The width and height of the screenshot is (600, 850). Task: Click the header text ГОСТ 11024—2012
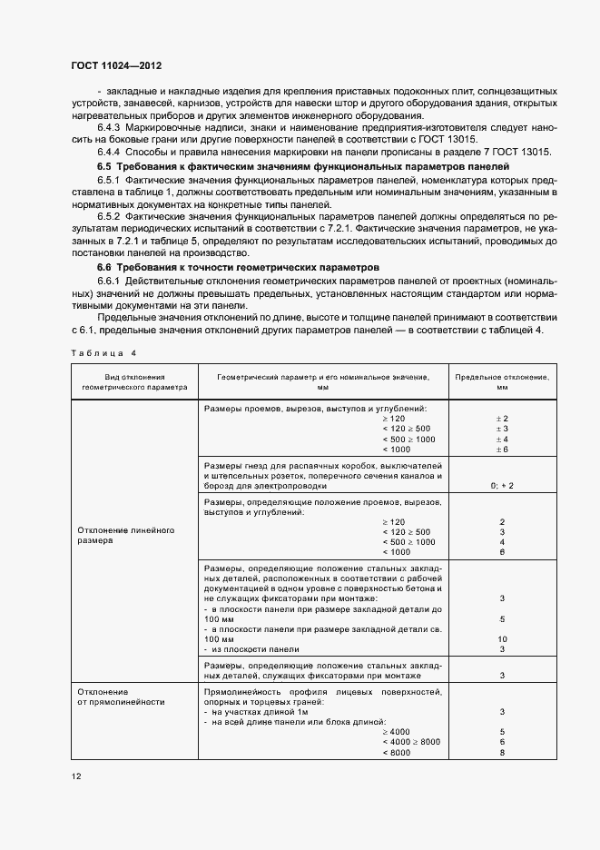click(x=116, y=65)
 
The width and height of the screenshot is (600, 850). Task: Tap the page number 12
click(x=76, y=776)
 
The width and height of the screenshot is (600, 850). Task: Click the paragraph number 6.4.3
click(x=112, y=128)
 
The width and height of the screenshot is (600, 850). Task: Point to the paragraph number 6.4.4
click(x=112, y=153)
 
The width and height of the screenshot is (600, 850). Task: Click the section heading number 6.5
click(x=104, y=167)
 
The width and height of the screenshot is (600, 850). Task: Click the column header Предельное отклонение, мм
click(x=501, y=381)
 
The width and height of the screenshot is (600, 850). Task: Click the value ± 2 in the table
click(x=501, y=418)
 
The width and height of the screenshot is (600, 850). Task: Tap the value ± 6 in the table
click(x=501, y=450)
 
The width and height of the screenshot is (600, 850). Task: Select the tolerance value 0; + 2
click(x=501, y=486)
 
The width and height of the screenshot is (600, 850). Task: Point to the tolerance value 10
click(x=501, y=639)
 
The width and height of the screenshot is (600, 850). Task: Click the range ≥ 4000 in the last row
click(x=397, y=731)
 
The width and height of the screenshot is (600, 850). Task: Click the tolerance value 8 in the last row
click(x=501, y=753)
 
